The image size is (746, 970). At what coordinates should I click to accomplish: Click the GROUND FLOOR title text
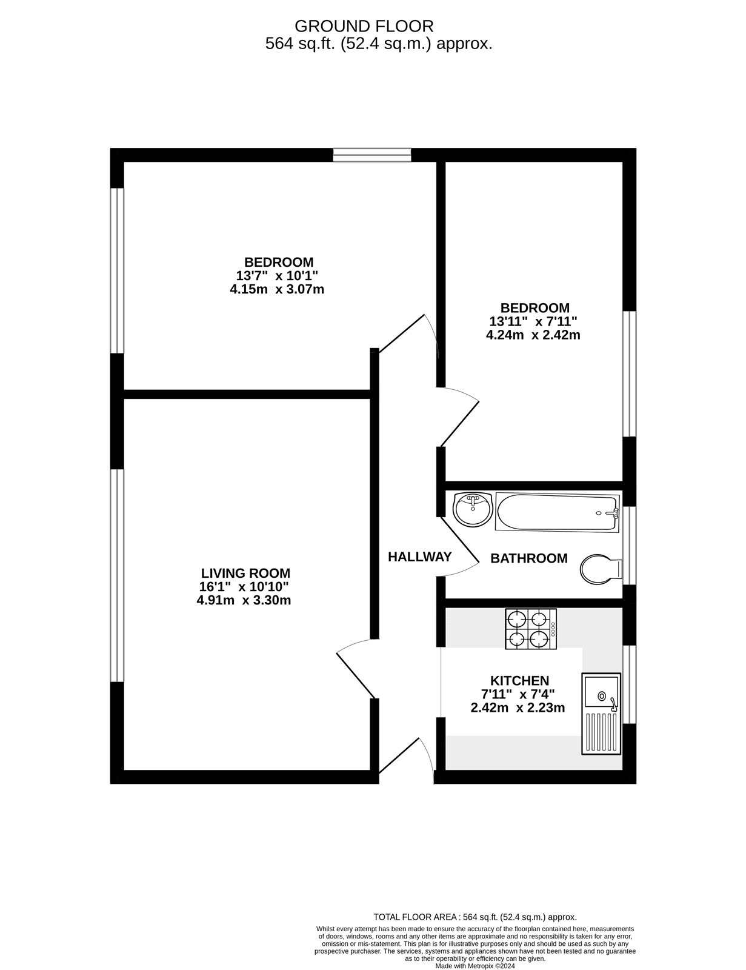[x=364, y=26]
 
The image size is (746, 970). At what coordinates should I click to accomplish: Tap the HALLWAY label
[x=419, y=557]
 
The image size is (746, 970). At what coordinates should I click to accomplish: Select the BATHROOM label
[x=528, y=558]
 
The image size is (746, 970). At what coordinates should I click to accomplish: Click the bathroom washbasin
[x=473, y=510]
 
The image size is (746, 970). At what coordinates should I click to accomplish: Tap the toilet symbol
[x=601, y=569]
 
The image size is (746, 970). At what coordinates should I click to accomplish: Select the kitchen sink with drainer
[x=601, y=714]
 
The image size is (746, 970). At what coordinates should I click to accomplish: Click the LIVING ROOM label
[x=245, y=573]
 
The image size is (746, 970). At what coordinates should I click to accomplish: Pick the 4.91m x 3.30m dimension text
[x=244, y=601]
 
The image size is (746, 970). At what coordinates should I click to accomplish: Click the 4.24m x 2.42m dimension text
[x=533, y=335]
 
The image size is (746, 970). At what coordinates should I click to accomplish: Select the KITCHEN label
[x=519, y=681]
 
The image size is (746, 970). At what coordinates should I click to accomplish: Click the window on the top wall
[x=371, y=155]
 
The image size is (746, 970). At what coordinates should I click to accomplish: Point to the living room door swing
[x=356, y=667]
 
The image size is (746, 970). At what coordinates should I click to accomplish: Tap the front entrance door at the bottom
[x=405, y=759]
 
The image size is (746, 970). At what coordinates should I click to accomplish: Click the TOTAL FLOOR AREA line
[x=475, y=917]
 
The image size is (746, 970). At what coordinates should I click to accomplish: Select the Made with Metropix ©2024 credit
[x=475, y=966]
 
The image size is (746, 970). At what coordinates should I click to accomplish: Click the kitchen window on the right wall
[x=630, y=684]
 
